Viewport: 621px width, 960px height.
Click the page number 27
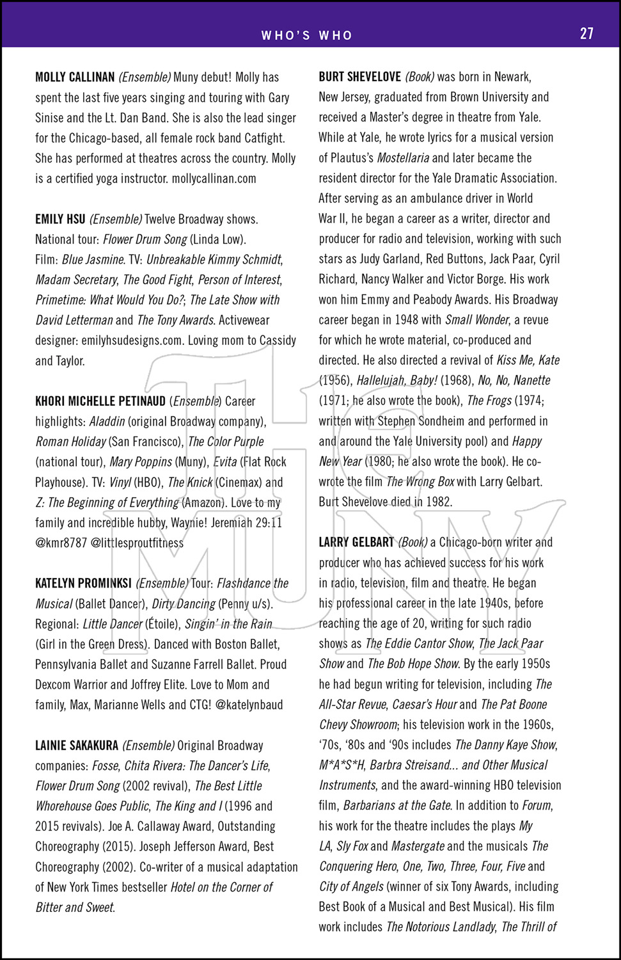pos(586,34)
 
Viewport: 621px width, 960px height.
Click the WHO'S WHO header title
pos(306,36)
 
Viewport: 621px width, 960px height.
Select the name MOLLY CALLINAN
pos(75,77)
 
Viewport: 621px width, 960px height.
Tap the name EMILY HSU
pos(60,220)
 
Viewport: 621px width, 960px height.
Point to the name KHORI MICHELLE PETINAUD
pos(100,401)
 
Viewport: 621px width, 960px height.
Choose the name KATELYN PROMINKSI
pos(83,583)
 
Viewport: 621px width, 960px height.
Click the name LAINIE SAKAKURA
pos(77,746)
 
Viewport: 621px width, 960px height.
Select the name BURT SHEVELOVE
pos(359,77)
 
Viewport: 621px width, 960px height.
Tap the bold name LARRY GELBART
pos(356,543)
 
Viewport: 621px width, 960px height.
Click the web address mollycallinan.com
pos(214,179)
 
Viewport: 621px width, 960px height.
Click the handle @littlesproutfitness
pos(137,543)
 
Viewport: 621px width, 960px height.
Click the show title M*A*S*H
pos(342,765)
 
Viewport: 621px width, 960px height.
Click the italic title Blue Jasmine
pos(93,260)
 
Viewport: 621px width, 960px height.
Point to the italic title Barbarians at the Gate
pos(397,805)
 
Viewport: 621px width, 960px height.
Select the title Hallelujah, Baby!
pos(397,380)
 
